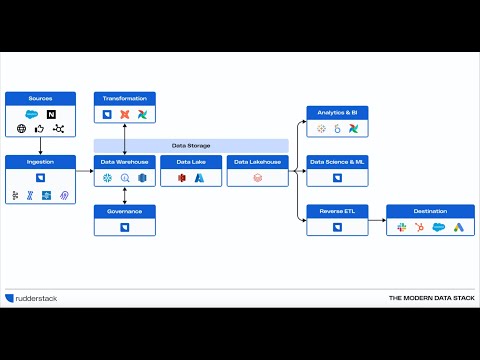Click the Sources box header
point(40,98)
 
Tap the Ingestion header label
point(40,161)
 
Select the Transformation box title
point(125,98)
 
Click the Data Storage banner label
point(191,145)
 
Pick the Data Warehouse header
point(125,161)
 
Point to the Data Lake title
point(191,161)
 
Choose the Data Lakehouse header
point(257,161)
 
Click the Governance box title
point(125,211)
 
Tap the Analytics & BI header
point(337,111)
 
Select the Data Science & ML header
point(337,161)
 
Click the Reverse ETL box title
point(337,211)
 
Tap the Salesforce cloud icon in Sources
point(31,115)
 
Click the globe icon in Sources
point(21,130)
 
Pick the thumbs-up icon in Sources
point(40,130)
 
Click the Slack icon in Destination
point(402,228)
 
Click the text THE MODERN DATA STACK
point(429,298)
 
